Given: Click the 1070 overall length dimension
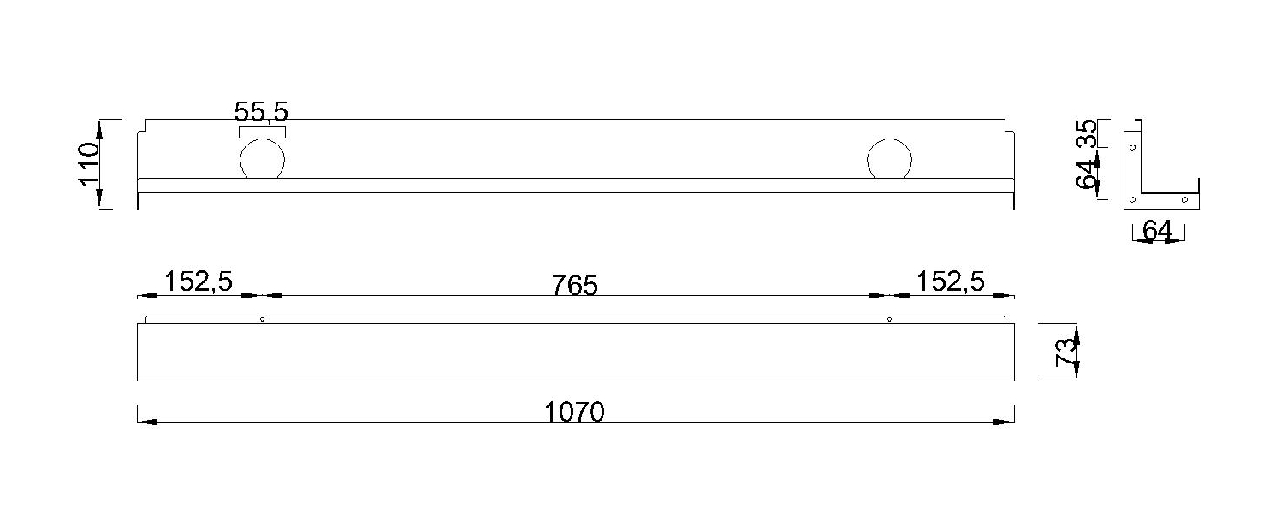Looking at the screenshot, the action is coord(574,411).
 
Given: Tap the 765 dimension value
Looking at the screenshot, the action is coord(574,285).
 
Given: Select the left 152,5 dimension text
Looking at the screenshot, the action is coord(199,281).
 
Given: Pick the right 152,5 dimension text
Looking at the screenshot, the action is coord(951,281).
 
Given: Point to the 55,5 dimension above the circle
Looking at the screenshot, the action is coord(262,112).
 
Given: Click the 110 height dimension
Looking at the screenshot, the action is coord(89,163).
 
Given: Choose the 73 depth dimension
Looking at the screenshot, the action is coord(1065,352).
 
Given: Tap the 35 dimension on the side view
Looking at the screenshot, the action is coord(1086,133).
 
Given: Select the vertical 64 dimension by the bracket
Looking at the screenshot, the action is coord(1086,174).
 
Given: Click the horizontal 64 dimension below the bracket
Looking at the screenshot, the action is coord(1157,230).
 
